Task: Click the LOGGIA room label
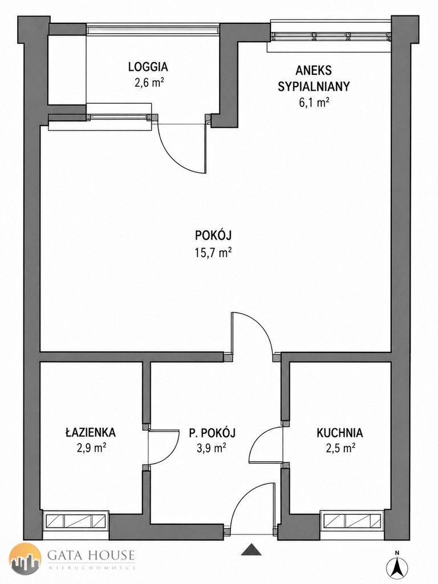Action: (148, 67)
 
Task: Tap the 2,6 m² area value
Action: (149, 83)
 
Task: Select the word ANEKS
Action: (314, 70)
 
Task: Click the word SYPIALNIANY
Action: (314, 87)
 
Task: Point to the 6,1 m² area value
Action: (314, 103)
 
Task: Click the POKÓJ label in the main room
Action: (213, 236)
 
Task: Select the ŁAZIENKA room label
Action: (91, 432)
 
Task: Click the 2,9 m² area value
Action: (91, 448)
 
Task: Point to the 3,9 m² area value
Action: (212, 448)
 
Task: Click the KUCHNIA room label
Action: (340, 433)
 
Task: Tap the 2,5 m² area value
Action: (340, 448)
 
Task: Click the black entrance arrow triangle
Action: (252, 550)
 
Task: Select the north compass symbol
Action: (397, 567)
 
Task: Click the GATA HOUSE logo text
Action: (91, 555)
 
